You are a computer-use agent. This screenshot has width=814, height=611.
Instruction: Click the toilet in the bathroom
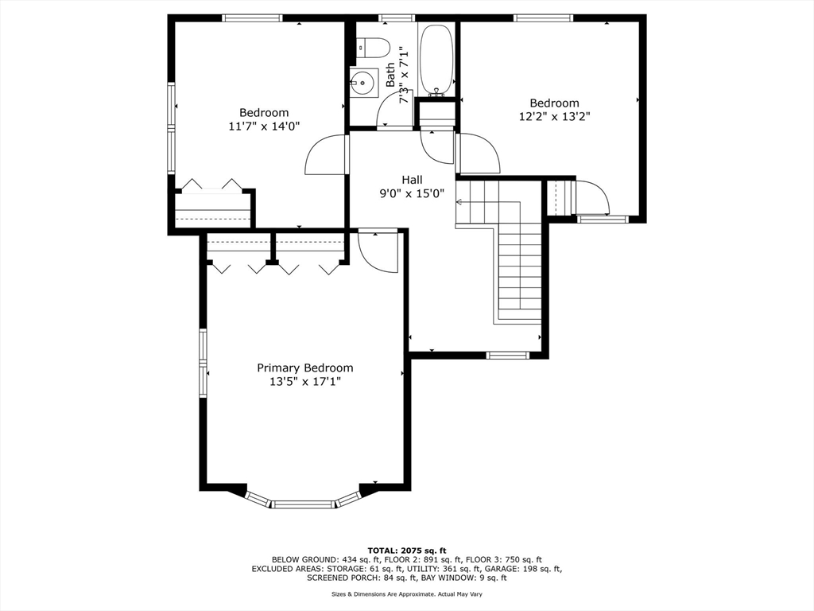(374, 48)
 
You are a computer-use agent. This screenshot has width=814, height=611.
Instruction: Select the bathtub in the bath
(436, 59)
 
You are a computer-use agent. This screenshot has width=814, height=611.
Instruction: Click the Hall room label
(413, 181)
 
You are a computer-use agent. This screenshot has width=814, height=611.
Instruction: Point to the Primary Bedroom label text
(305, 368)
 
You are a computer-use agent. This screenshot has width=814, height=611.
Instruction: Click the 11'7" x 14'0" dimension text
(264, 126)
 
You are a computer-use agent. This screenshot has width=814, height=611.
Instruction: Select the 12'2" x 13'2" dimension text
(554, 116)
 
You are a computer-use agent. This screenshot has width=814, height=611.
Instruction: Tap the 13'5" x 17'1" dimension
(305, 382)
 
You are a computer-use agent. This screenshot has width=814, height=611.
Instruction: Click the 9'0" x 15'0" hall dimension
(413, 194)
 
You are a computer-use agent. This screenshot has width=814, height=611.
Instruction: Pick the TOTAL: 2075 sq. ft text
(407, 551)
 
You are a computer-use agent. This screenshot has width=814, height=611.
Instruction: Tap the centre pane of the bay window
(304, 504)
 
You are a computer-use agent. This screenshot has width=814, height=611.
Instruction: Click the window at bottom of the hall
(508, 356)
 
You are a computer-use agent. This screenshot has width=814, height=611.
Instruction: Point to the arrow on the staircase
(488, 203)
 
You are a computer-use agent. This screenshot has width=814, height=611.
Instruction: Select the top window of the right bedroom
(544, 18)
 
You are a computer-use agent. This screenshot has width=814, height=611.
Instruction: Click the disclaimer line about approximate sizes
(407, 593)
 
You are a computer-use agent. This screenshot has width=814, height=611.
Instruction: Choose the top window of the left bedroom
(253, 18)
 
